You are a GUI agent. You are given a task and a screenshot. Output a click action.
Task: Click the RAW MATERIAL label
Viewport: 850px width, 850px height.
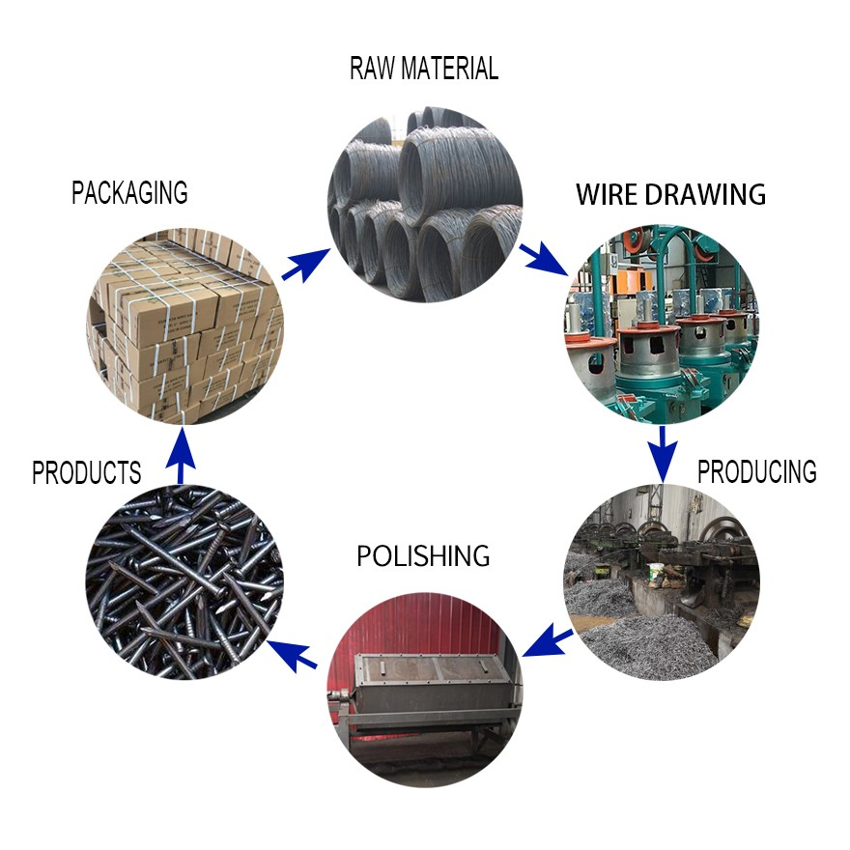tap(424, 69)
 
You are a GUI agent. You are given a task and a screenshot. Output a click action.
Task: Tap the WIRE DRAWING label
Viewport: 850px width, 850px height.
tap(670, 194)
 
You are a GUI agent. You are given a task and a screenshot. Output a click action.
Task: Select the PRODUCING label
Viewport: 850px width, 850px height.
tap(756, 471)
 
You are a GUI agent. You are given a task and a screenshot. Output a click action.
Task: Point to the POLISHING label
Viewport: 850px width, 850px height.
tap(423, 555)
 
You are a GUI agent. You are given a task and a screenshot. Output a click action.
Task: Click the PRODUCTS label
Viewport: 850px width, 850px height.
tap(87, 472)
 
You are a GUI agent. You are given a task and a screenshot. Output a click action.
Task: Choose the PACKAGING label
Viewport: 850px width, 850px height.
tap(129, 192)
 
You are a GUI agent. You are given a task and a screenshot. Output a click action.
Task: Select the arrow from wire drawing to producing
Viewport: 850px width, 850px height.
tap(662, 454)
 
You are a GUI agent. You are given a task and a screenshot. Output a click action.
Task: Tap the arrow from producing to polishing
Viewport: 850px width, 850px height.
tap(548, 640)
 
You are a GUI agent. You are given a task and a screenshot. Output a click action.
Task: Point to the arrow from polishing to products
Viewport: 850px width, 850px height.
tap(292, 654)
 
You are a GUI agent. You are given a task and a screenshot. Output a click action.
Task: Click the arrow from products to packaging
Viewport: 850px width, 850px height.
tap(181, 455)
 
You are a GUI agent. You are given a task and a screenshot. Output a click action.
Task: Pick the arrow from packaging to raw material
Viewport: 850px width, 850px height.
tap(306, 265)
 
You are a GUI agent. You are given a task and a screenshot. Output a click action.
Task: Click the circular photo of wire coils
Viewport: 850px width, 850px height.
tap(425, 205)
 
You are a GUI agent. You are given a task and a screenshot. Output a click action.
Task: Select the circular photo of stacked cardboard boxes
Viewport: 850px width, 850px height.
tap(184, 326)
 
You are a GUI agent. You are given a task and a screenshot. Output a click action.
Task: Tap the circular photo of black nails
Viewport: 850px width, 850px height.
tap(184, 582)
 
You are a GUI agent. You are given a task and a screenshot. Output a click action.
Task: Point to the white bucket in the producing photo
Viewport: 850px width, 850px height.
tap(656, 575)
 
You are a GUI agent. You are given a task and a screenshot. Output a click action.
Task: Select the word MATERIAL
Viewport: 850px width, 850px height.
tap(450, 69)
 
